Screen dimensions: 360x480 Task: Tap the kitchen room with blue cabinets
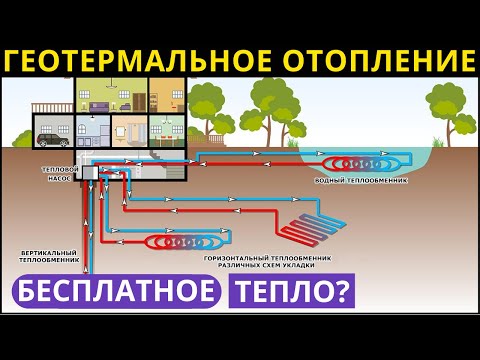pos(93,132)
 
